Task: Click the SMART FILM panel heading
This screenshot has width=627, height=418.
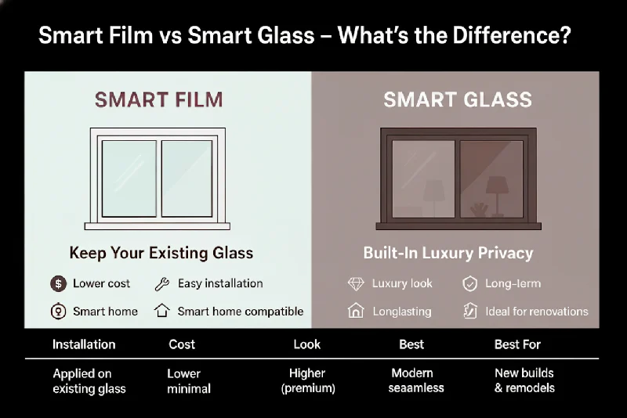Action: point(158,100)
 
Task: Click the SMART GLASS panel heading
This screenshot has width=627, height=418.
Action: point(458,100)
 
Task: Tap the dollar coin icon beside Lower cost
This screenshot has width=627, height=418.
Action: point(57,284)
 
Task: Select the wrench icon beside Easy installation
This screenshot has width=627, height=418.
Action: point(162,284)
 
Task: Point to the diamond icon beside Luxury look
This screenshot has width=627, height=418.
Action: point(356,284)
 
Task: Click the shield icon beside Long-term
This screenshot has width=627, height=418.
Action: point(469,284)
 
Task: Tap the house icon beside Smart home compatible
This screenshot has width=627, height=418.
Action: point(162,311)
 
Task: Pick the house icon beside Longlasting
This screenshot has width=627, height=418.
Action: point(356,311)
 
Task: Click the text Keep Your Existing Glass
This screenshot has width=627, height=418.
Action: point(161,253)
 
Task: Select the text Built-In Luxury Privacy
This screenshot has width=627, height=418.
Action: point(448,253)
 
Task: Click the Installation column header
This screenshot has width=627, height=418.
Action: point(84,344)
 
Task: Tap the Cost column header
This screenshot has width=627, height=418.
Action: point(182,344)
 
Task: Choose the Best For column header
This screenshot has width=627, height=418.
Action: point(517,344)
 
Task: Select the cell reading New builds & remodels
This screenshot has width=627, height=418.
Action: point(524,380)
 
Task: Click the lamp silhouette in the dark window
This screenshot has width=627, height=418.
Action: point(495,190)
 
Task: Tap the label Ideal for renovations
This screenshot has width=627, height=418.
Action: point(536,311)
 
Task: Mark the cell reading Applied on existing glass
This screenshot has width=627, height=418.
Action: point(89,380)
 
